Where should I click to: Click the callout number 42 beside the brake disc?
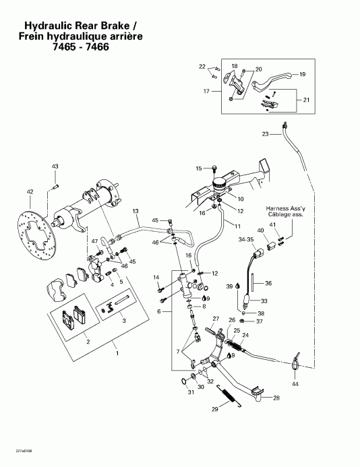click(x=29, y=192)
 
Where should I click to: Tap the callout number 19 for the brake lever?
click(x=303, y=74)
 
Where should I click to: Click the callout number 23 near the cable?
click(x=265, y=135)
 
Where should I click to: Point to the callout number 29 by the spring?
click(x=214, y=409)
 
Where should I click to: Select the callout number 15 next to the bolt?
click(x=199, y=168)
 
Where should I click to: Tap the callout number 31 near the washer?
click(x=190, y=393)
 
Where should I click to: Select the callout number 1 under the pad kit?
click(x=118, y=353)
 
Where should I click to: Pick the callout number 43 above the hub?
click(x=55, y=166)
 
